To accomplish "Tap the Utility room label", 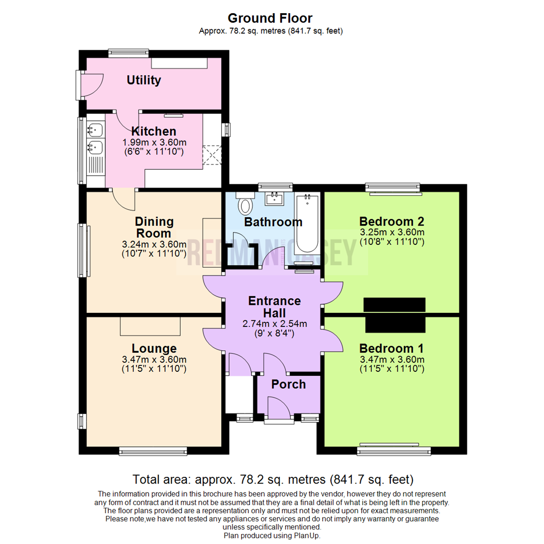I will pos(144,80).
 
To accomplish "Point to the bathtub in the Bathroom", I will pos(307,224).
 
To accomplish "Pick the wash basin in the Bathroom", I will pos(276,198).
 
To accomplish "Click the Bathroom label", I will pos(273,222).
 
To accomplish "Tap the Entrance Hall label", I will pos(275,307).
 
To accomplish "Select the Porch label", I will pos(288,384).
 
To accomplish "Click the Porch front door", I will pos(279,409).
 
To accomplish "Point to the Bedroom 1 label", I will pos(391,349).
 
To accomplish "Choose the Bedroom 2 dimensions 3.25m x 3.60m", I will pos(392,232).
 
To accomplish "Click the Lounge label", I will pos(154,349).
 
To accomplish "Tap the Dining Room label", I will pos(154,228).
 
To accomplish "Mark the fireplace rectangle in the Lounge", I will pos(150,326).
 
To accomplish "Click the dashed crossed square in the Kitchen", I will pos(212,155).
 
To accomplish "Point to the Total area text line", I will pos(272,479).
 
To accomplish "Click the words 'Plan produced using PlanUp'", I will pos(272,535).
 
